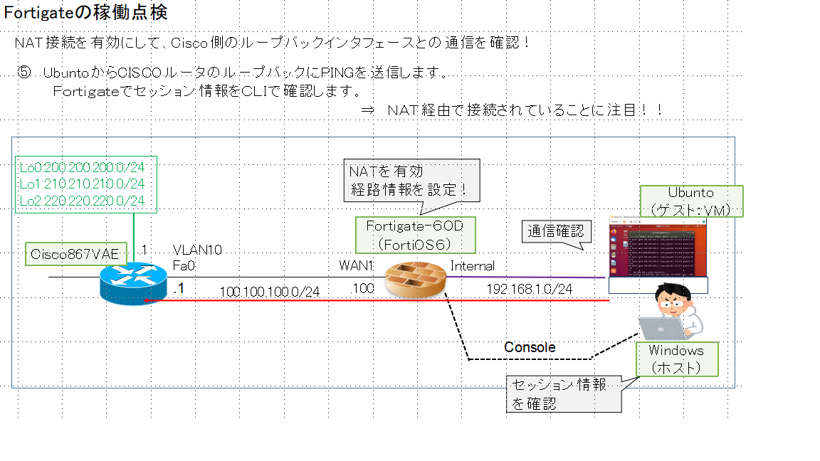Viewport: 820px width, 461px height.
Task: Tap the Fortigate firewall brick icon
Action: pos(414,280)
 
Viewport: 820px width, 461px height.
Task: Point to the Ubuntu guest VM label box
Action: pos(691,201)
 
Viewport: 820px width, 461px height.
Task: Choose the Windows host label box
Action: pos(676,359)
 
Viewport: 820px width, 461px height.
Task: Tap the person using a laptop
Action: pos(673,313)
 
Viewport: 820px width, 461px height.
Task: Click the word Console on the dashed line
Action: pos(530,347)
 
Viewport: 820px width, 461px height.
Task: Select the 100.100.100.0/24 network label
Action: pos(269,292)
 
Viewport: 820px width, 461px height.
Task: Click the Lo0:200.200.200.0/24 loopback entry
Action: pos(82,168)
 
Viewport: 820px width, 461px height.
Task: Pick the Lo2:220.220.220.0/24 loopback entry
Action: pos(82,201)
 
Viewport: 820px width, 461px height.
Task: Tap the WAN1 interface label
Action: pos(357,265)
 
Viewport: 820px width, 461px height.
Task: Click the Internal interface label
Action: pos(473,266)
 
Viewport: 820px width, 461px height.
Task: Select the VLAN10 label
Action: pos(197,250)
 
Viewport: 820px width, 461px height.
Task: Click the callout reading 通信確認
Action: pos(556,231)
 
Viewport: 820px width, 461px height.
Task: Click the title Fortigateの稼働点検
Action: pos(86,12)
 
